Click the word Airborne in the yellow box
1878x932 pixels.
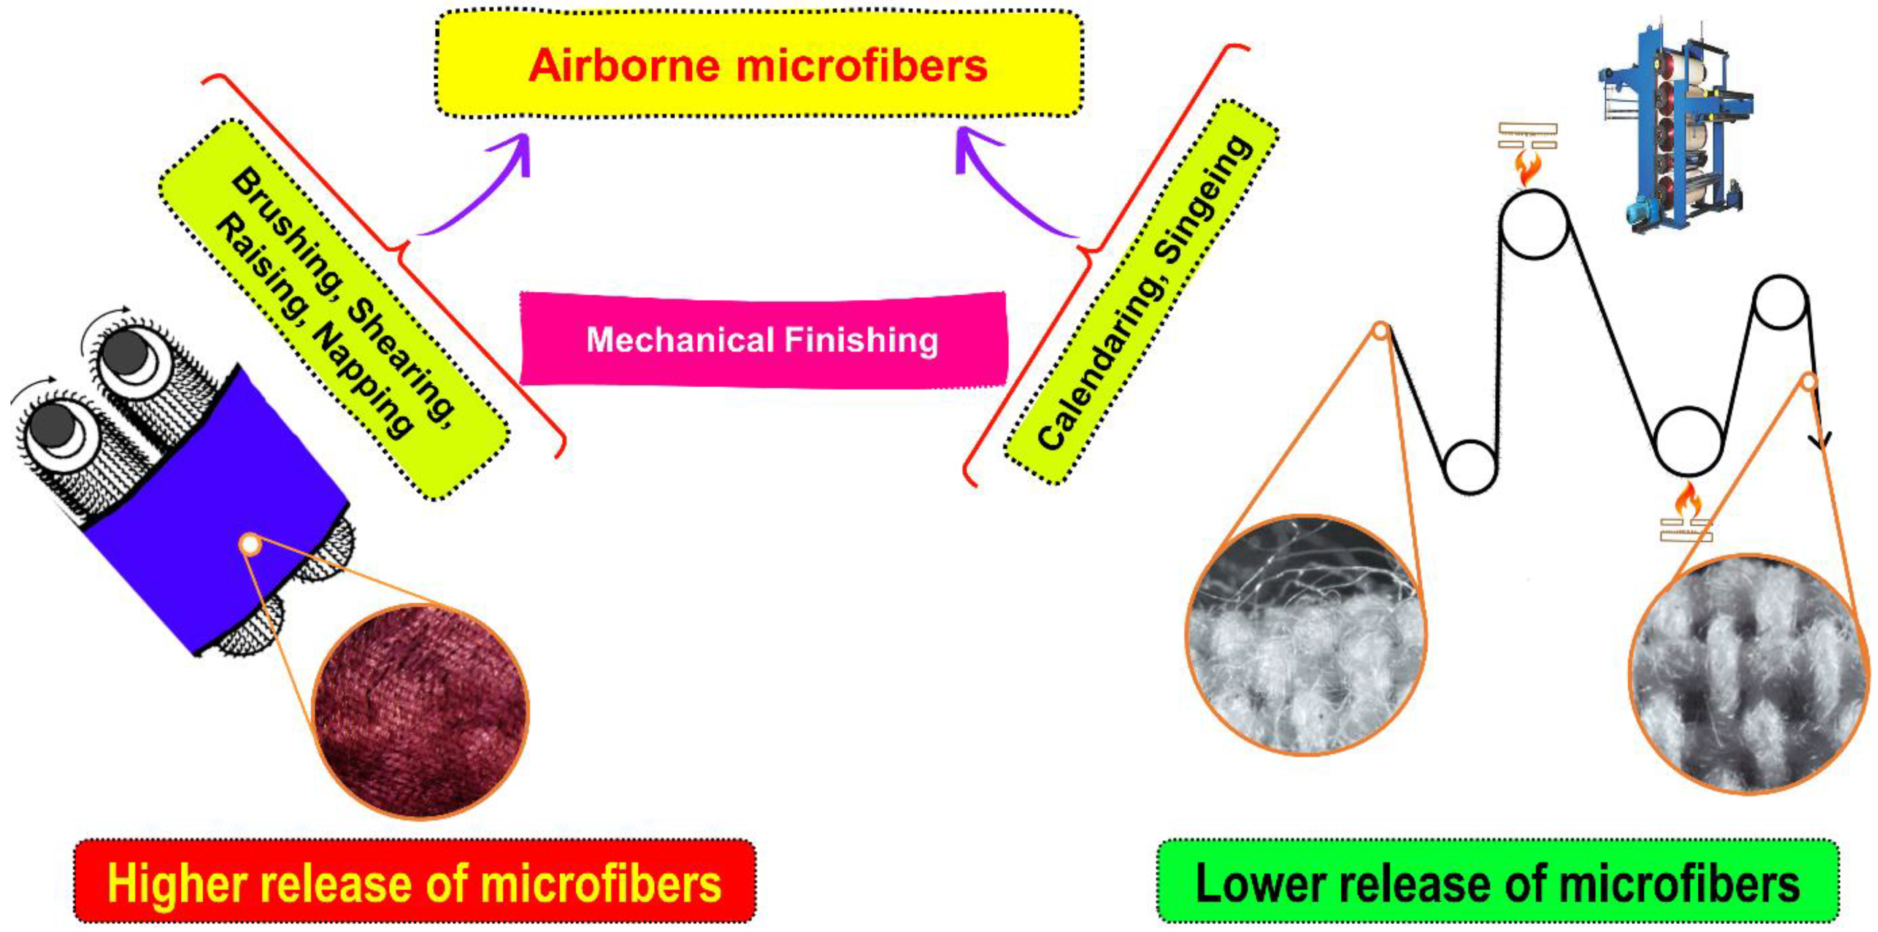point(628,66)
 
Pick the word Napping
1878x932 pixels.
point(361,379)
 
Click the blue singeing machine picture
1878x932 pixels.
point(1677,124)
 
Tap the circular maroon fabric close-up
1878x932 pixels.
point(421,710)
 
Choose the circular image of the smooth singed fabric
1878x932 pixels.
point(1750,674)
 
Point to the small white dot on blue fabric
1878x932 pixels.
point(249,544)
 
